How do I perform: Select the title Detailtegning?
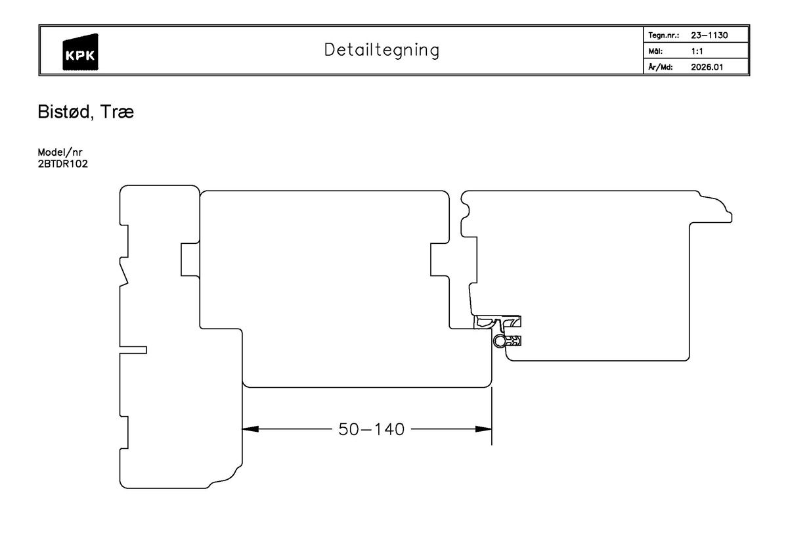pyautogui.click(x=382, y=50)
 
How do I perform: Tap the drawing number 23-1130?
pyautogui.click(x=709, y=35)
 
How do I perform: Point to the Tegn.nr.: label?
pyautogui.click(x=663, y=35)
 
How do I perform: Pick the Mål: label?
pyautogui.click(x=655, y=51)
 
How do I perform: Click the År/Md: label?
pyautogui.click(x=660, y=66)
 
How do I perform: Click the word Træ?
pyautogui.click(x=118, y=113)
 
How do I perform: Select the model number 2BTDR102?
pyautogui.click(x=63, y=164)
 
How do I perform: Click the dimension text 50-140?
pyautogui.click(x=371, y=430)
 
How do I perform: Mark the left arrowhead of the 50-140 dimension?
pyautogui.click(x=250, y=429)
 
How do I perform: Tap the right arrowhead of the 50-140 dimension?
pyautogui.click(x=485, y=429)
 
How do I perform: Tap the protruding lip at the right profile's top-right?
pyautogui.click(x=725, y=214)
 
